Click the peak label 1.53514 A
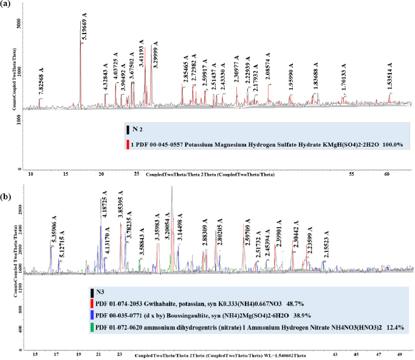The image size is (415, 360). tap(390, 77)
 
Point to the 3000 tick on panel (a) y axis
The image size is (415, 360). tap(20, 25)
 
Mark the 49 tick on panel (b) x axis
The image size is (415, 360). tap(400, 353)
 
